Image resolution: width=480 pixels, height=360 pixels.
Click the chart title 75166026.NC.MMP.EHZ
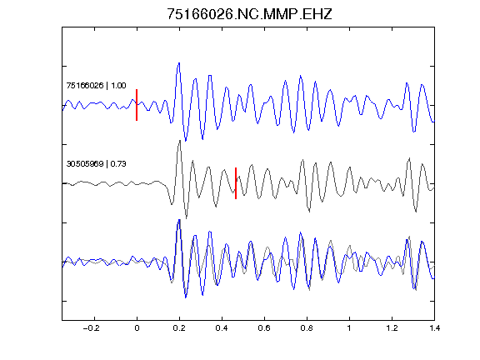(249, 14)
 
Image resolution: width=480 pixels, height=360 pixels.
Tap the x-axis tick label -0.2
(92, 328)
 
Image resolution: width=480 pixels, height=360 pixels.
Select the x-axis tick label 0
(137, 328)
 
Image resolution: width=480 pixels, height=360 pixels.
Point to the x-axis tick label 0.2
(179, 328)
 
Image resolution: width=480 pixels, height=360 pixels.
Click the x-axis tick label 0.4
(222, 328)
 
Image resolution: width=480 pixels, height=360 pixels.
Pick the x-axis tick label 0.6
(264, 328)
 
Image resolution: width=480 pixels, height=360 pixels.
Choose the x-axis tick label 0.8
(307, 328)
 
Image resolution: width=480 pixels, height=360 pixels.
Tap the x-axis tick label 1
(349, 328)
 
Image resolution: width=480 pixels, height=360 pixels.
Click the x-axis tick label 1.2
(392, 328)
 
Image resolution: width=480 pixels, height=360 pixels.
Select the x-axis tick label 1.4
(434, 328)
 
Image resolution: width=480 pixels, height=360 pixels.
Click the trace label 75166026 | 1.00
(96, 85)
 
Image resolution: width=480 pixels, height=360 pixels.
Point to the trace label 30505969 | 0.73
(96, 164)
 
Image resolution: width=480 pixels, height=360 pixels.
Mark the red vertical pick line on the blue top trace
(137, 105)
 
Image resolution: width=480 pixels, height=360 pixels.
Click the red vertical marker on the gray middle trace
(236, 183)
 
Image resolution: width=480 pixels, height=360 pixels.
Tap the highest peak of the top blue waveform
(179, 63)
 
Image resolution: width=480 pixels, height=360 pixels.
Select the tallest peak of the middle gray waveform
(180, 141)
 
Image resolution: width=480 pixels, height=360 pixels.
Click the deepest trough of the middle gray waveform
(187, 217)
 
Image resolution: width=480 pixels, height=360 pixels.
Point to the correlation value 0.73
(118, 164)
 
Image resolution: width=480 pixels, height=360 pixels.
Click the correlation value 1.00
(118, 85)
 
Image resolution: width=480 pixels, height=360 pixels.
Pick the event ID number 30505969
(85, 164)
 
